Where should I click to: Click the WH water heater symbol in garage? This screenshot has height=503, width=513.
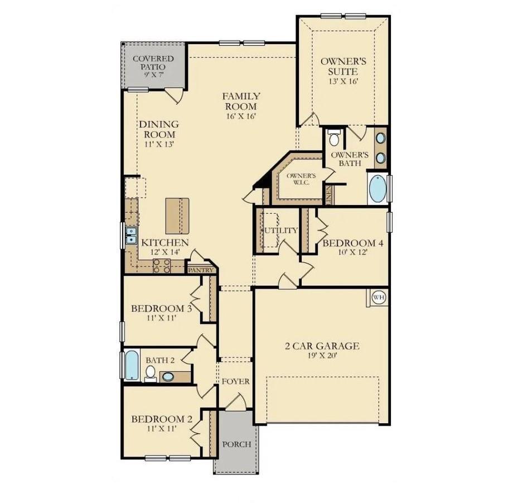[379, 297]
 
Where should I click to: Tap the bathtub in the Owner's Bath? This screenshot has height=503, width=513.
[378, 189]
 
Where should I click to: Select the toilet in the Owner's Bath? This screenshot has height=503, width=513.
[335, 138]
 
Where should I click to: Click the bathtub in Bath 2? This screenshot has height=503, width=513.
[132, 365]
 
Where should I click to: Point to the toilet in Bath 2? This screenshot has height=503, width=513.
[151, 373]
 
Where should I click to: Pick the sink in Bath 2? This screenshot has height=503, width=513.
[167, 377]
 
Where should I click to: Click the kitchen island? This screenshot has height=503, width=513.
[177, 216]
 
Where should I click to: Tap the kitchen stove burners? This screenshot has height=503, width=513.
[161, 266]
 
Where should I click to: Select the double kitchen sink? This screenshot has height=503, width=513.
[131, 235]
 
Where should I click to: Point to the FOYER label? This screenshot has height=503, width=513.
[235, 381]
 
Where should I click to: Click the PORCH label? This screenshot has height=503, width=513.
[236, 444]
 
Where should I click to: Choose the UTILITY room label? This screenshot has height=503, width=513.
[280, 230]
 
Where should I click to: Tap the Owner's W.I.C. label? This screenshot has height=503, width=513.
[301, 179]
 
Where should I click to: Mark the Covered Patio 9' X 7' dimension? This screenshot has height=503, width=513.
[153, 75]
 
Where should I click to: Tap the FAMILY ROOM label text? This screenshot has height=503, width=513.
[241, 101]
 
